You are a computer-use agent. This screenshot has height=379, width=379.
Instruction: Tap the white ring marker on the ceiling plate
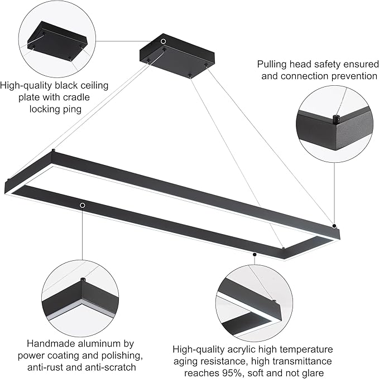pos(163,42)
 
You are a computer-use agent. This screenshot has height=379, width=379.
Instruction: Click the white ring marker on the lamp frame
pos(83,206)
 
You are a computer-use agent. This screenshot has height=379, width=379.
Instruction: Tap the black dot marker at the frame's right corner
pos(334,226)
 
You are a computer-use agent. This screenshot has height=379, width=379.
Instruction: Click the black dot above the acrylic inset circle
pos(255,255)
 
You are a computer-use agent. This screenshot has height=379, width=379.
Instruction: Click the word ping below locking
pos(71,109)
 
